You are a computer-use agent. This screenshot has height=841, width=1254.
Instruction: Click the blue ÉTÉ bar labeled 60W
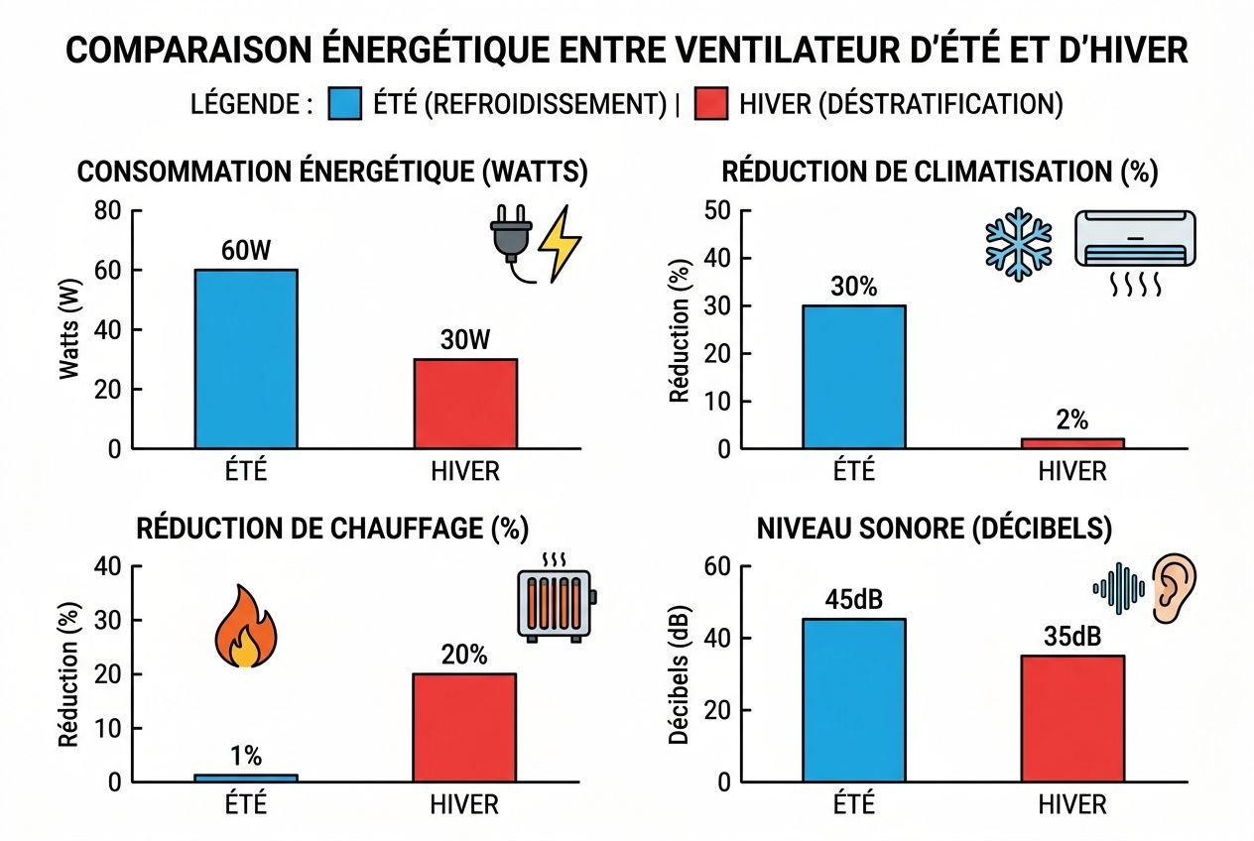(x=246, y=359)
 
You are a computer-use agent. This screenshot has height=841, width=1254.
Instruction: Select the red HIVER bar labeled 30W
(x=466, y=404)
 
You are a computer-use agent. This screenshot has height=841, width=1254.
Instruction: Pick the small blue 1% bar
(x=246, y=779)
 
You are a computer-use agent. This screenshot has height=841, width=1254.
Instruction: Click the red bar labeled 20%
(x=466, y=728)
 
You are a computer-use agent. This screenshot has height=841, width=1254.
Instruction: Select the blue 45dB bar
(x=854, y=700)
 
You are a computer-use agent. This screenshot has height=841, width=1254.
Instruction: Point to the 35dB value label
(x=1072, y=637)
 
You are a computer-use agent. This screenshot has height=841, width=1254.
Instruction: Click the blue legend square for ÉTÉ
(x=343, y=104)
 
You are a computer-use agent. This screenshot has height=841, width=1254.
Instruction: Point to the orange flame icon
(x=245, y=627)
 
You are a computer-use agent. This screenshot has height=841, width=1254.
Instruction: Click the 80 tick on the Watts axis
(x=106, y=210)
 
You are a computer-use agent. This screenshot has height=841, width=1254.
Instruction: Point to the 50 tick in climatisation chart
(x=716, y=210)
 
